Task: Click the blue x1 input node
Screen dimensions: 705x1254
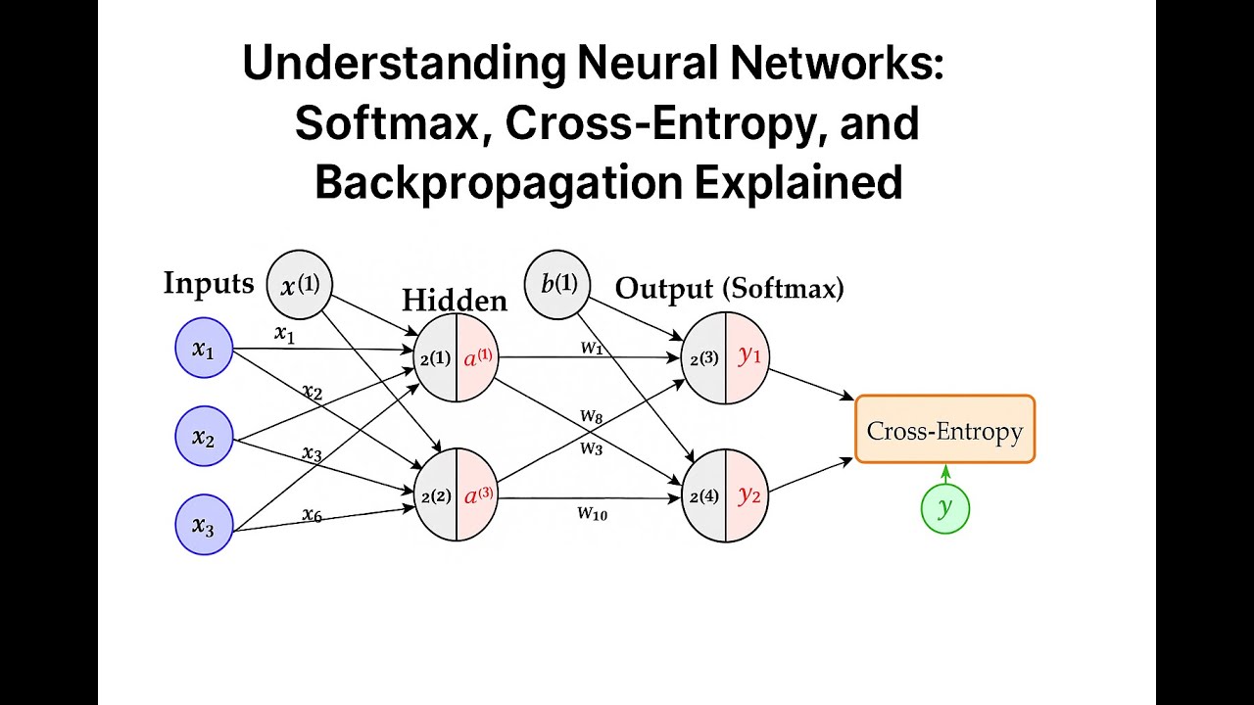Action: point(203,350)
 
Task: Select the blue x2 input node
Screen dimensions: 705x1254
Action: point(203,438)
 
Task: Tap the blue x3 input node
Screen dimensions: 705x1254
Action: point(203,526)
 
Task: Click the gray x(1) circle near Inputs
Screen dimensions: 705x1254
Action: point(300,285)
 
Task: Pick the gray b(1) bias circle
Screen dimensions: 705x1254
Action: point(558,285)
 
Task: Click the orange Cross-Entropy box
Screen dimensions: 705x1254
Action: point(944,430)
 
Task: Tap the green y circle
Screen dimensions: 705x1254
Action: point(945,508)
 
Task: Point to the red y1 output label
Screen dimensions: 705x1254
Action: point(749,356)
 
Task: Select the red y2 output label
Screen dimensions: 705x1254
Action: point(749,494)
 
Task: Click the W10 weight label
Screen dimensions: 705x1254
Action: point(592,512)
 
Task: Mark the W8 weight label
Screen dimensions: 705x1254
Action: point(591,417)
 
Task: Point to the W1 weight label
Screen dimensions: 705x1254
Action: point(592,347)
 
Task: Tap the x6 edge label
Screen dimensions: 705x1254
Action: point(312,514)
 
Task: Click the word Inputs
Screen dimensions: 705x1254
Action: point(209,284)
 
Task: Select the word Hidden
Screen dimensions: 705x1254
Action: point(455,301)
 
